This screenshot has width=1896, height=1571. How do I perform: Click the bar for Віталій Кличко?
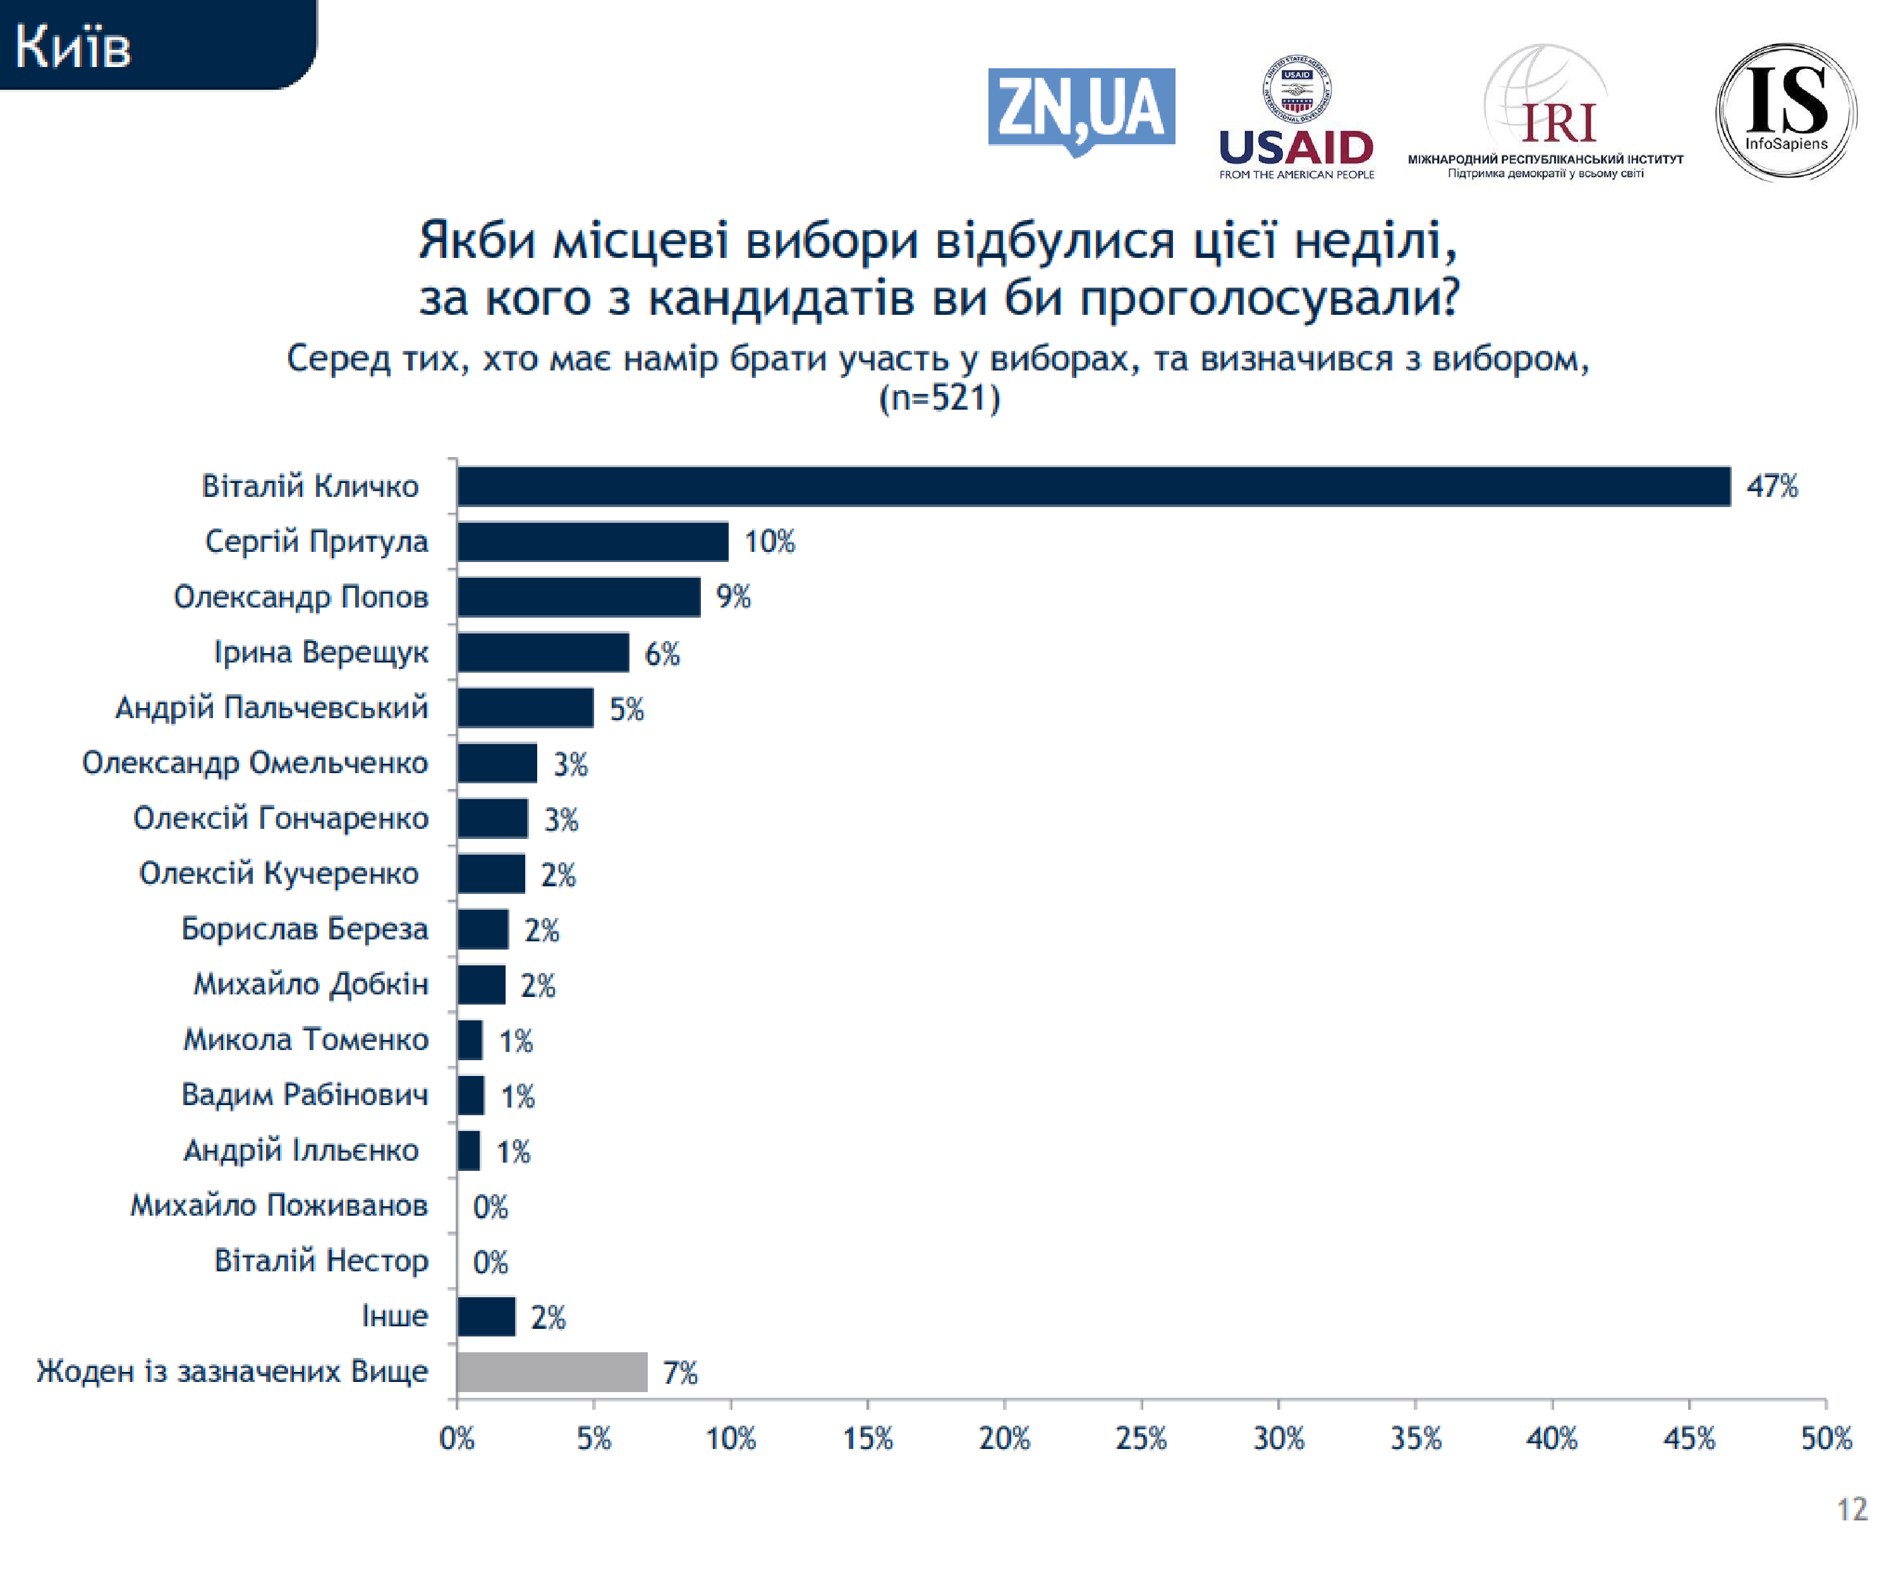pyautogui.click(x=1093, y=487)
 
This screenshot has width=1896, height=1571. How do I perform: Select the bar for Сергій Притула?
pyautogui.click(x=592, y=542)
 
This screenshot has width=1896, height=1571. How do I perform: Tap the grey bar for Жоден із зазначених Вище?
pyautogui.click(x=552, y=1372)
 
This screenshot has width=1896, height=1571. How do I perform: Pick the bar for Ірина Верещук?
pyautogui.click(x=543, y=652)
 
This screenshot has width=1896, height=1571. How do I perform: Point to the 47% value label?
pyautogui.click(x=1771, y=487)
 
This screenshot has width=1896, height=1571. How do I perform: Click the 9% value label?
pyautogui.click(x=733, y=597)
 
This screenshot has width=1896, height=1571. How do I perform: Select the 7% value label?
pyautogui.click(x=680, y=1373)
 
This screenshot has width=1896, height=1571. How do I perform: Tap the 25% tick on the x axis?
pyautogui.click(x=1141, y=1438)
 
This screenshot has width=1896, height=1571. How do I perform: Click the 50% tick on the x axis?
pyautogui.click(x=1826, y=1438)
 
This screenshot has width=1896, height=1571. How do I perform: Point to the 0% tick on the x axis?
pyautogui.click(x=457, y=1438)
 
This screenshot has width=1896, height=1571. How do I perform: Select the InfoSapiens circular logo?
pyautogui.click(x=1785, y=111)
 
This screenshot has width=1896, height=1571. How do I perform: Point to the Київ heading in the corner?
pyautogui.click(x=72, y=47)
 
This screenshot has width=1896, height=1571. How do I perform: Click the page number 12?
pyautogui.click(x=1851, y=1508)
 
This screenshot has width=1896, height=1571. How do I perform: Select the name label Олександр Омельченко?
pyautogui.click(x=255, y=763)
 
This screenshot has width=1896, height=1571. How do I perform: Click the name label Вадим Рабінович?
pyautogui.click(x=304, y=1094)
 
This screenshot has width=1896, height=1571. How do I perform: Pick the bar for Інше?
pyautogui.click(x=486, y=1316)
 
